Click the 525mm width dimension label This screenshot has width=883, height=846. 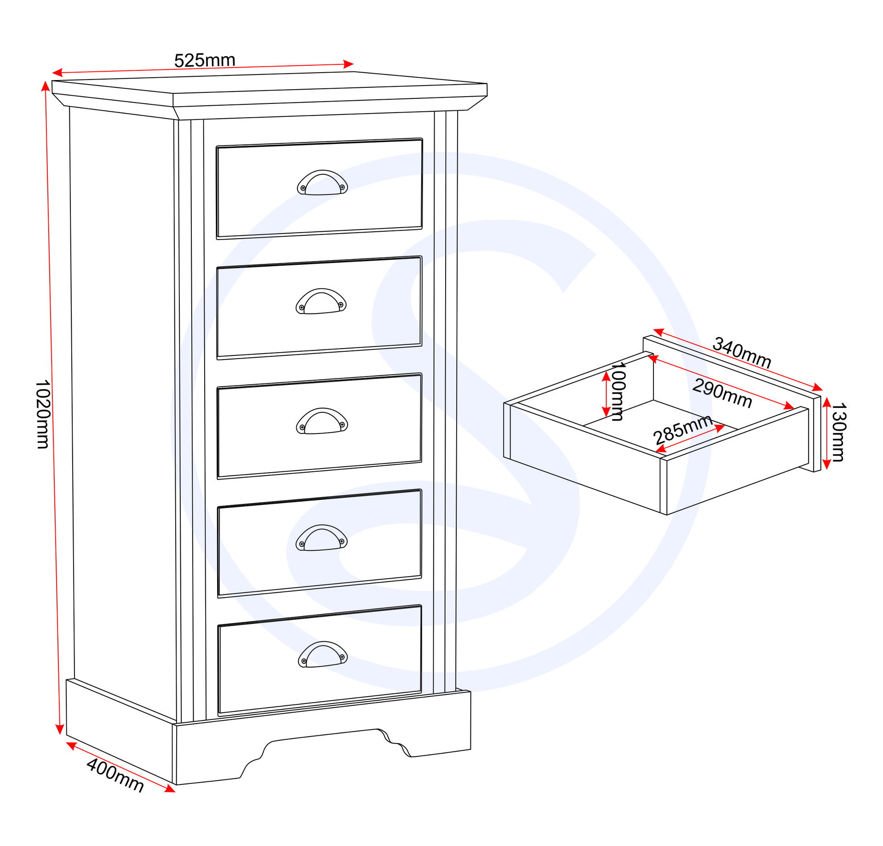coord(205,60)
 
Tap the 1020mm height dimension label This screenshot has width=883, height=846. coord(43,414)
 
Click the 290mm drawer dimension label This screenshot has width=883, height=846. coord(722,393)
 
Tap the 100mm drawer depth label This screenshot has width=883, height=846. coord(618,391)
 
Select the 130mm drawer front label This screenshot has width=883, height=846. coord(838,432)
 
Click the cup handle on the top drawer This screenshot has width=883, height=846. coord(322,183)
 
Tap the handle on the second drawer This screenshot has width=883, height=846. coord(321,301)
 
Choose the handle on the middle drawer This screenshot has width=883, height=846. coord(322,421)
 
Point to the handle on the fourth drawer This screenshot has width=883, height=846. coord(321,537)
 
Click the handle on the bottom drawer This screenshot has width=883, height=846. coord(323,654)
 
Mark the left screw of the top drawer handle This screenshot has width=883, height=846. coord(302,188)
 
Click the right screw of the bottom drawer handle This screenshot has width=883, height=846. coord(343,657)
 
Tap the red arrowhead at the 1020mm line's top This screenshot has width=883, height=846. coord(45,86)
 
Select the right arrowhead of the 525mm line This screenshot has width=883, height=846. coord(349,64)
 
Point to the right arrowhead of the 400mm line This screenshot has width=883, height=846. coord(170,789)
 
